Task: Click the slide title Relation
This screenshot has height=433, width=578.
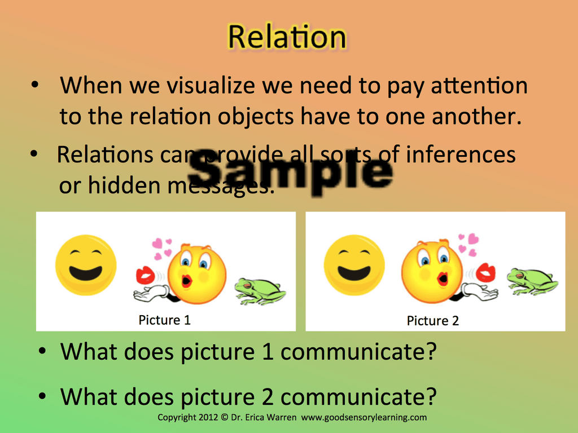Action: pyautogui.click(x=287, y=37)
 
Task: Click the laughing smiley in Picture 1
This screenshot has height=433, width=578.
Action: pyautogui.click(x=86, y=265)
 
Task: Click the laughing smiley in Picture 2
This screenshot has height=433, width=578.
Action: pyautogui.click(x=354, y=265)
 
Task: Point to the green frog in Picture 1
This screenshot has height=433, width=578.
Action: pyautogui.click(x=260, y=291)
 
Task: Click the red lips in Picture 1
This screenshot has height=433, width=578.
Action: pyautogui.click(x=145, y=275)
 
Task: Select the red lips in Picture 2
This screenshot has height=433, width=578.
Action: pyautogui.click(x=485, y=273)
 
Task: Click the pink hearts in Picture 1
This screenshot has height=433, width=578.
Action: pyautogui.click(x=161, y=248)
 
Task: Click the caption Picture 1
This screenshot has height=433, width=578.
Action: pyautogui.click(x=164, y=320)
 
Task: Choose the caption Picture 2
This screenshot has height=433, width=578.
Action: pyautogui.click(x=433, y=321)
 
